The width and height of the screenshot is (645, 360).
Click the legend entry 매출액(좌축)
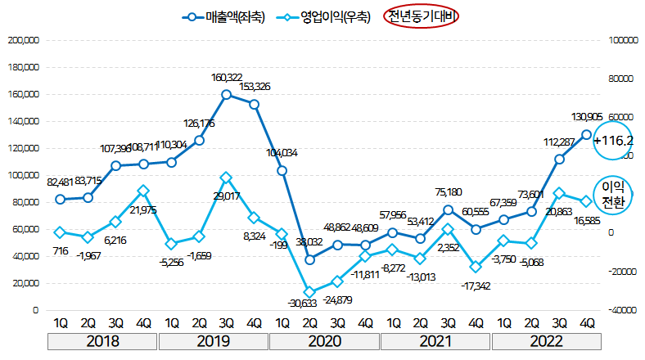224,16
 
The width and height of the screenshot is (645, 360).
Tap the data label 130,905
588,117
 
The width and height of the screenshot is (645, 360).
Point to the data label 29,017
225,197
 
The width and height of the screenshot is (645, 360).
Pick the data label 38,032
308,242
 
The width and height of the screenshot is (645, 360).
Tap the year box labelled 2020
325,341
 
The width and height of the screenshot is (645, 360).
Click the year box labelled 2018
102,341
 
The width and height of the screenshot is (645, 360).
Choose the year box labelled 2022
548,341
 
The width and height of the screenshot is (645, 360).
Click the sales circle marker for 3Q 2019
227,94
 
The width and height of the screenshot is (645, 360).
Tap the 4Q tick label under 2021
476,322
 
